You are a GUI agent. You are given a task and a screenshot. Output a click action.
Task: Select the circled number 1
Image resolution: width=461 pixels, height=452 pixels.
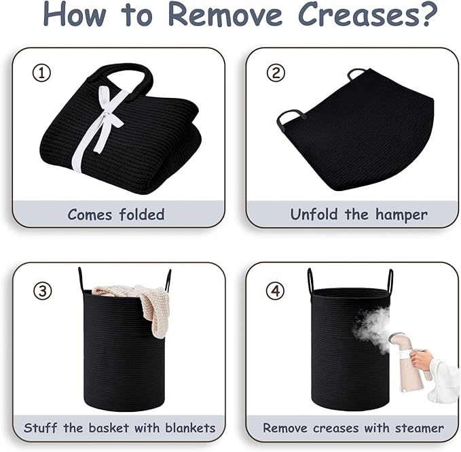click(41, 73)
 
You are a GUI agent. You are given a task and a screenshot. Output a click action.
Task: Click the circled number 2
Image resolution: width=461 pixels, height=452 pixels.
click(276, 73)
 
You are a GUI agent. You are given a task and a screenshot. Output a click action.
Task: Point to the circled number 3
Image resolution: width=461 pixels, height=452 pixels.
click(43, 291)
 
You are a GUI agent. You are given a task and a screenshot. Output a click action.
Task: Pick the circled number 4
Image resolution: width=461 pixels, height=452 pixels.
click(275, 291)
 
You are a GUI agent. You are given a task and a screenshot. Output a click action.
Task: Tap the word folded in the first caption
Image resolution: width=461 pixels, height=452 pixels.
click(142, 214)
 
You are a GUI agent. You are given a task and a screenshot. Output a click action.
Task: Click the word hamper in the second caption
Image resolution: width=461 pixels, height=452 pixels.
click(401, 215)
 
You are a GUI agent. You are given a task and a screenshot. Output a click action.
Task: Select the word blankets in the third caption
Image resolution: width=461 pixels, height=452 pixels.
click(190, 428)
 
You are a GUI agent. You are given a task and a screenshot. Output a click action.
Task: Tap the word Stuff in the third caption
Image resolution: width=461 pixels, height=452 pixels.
click(41, 428)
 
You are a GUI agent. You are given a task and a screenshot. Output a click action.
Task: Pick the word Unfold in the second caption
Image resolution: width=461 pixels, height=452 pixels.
click(314, 214)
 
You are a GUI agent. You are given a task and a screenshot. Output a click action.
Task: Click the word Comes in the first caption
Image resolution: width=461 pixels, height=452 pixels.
click(90, 215)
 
